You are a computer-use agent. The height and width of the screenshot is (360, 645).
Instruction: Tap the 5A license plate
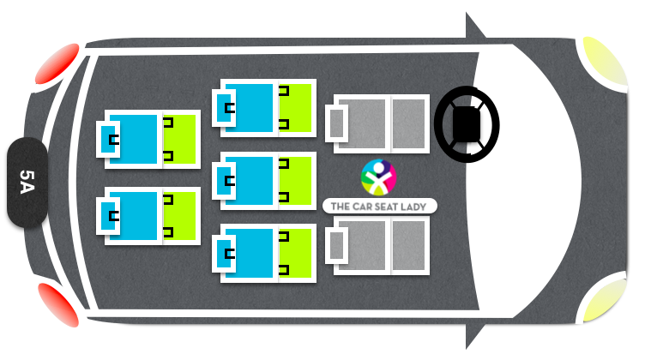pyautogui.click(x=27, y=182)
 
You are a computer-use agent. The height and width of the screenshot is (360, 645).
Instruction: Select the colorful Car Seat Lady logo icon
pyautogui.click(x=378, y=177)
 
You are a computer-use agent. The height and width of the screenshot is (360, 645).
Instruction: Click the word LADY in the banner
pyautogui.click(x=413, y=207)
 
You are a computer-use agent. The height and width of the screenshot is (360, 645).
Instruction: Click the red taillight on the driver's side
pyautogui.click(x=57, y=63)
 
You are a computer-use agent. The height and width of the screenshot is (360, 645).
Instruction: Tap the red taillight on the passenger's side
pyautogui.click(x=58, y=304)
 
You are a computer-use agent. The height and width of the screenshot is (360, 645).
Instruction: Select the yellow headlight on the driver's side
pyautogui.click(x=605, y=61)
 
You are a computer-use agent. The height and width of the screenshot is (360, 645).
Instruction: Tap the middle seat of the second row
pyautogui.click(x=264, y=181)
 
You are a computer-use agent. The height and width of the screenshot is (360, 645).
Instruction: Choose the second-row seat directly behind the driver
pyautogui.click(x=264, y=108)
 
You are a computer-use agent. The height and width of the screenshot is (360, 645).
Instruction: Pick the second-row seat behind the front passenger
pyautogui.click(x=264, y=253)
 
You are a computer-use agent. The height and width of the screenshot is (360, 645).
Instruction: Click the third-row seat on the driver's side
pyautogui.click(x=148, y=140)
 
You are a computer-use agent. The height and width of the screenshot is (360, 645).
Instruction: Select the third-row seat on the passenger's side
pyautogui.click(x=148, y=216)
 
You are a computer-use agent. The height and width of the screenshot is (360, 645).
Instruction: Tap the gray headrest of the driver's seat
pyautogui.click(x=336, y=123)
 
